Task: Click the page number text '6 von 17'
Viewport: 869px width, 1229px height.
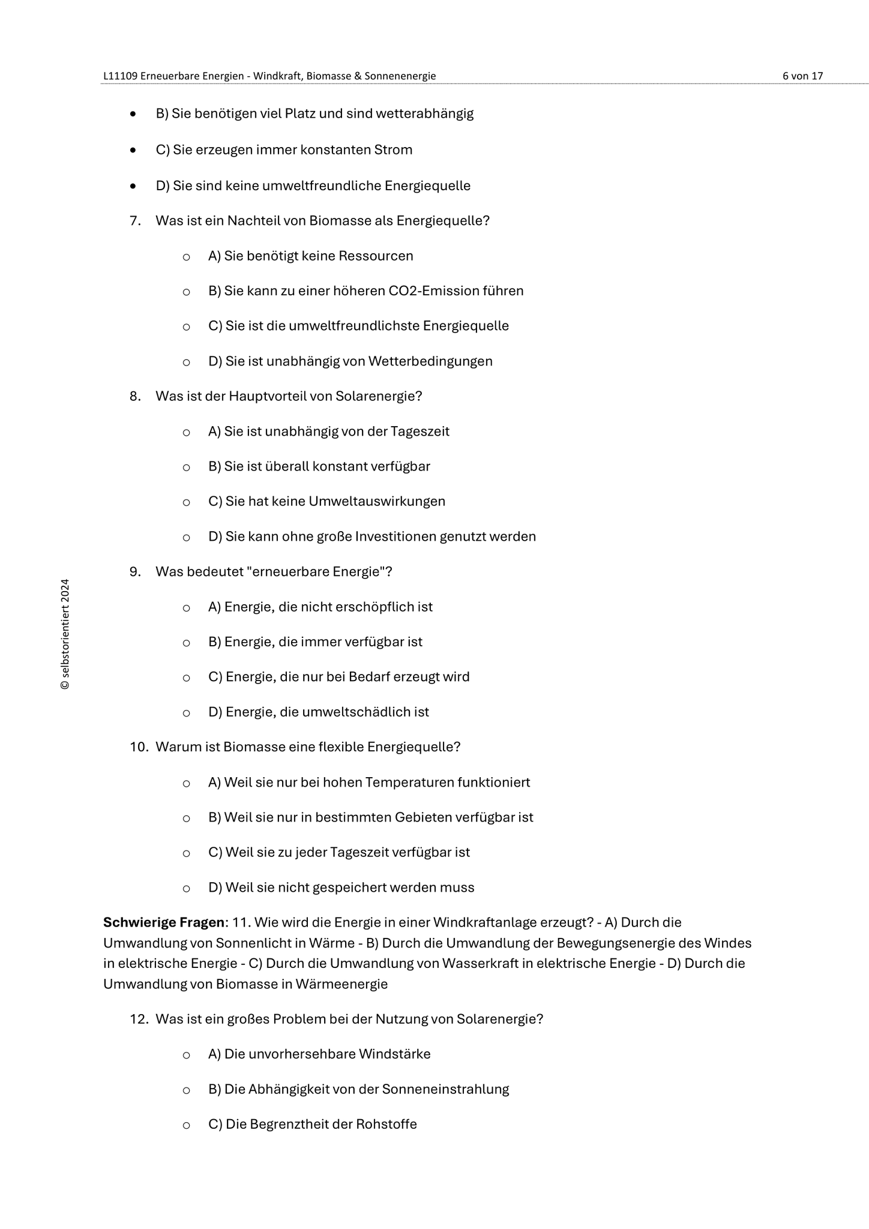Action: pos(802,76)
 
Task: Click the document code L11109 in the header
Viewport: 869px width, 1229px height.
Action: pos(120,76)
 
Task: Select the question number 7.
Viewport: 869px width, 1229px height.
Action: pos(135,221)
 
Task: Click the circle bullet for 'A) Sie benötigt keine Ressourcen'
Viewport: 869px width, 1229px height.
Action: pos(187,257)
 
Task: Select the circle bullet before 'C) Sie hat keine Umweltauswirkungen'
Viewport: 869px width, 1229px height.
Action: pos(187,502)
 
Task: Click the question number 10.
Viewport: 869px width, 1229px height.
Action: pos(139,747)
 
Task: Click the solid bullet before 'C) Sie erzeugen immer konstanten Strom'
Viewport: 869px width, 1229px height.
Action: pos(133,150)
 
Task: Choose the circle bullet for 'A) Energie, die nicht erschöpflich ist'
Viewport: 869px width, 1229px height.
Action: pos(187,608)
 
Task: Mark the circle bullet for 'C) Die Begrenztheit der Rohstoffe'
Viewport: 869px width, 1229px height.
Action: pos(187,1125)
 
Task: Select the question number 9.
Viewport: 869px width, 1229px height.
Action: pos(135,572)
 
